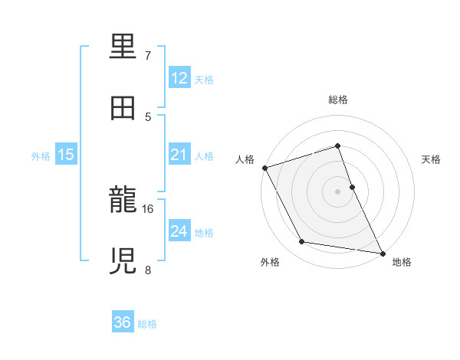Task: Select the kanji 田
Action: [123, 109]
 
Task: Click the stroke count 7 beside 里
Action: [147, 55]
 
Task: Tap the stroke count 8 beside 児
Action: [147, 270]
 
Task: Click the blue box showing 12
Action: [179, 78]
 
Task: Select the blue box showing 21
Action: [179, 155]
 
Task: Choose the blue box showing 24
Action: [179, 231]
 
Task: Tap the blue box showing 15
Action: [66, 155]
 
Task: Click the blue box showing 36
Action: [123, 322]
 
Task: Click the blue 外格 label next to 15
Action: [41, 155]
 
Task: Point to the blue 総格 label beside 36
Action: [147, 324]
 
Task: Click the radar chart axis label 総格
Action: [338, 100]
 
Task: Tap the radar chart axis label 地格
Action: [402, 262]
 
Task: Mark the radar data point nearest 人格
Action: [264, 168]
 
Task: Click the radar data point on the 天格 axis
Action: [352, 186]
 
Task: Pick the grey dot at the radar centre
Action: [338, 191]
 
